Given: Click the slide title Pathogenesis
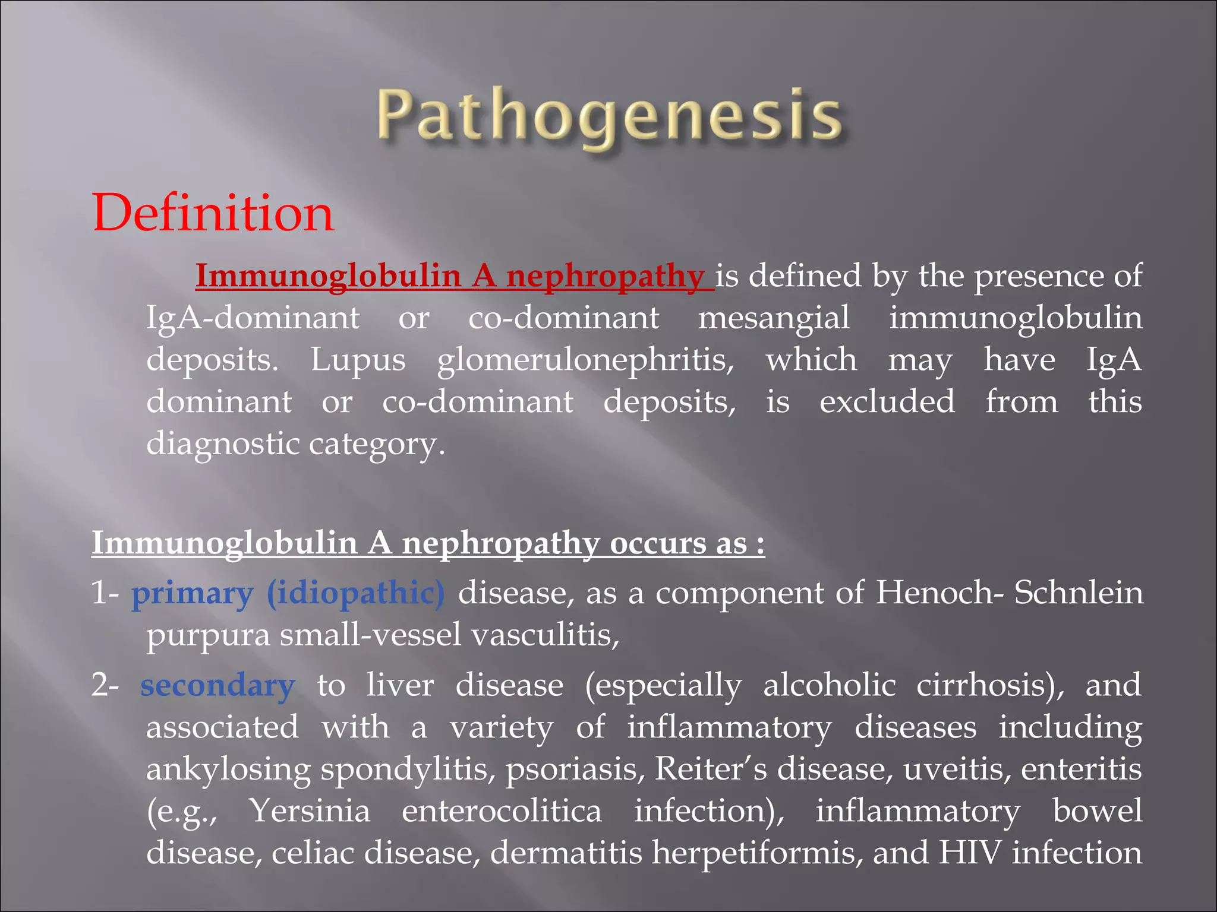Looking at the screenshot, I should [x=608, y=116].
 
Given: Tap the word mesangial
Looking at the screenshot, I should [x=773, y=318].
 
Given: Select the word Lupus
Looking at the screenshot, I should [x=358, y=360].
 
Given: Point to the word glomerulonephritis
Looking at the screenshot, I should [x=585, y=360].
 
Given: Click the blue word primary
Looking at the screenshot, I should [x=192, y=593].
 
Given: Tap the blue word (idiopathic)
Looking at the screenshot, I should [x=355, y=593].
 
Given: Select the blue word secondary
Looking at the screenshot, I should [x=217, y=685].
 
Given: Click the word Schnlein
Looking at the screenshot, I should [x=1078, y=593].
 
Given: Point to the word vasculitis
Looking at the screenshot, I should [x=545, y=635].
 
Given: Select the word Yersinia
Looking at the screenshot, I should [x=310, y=811].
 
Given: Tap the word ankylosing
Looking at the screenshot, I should [x=228, y=769].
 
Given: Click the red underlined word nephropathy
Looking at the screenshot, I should [x=605, y=277].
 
